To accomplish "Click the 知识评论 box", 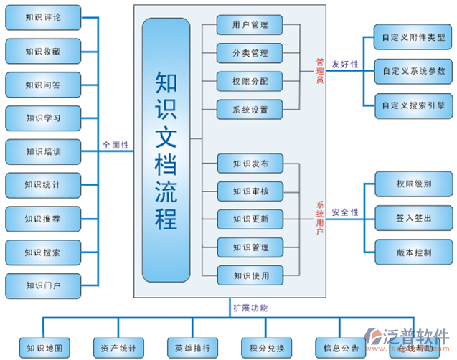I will point(43,17).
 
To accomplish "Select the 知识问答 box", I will point(43,85).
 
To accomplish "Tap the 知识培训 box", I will point(43,151).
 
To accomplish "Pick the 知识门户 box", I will point(43,285).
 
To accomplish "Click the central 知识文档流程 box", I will point(166,150).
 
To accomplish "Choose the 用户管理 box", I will point(250,25).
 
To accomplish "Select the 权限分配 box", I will point(250,81).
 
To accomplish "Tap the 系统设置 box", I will point(250,110).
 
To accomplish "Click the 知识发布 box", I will point(250,164).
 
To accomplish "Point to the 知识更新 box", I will point(250,219).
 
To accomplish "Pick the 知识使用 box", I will point(250,275).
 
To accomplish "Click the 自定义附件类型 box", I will point(413,37).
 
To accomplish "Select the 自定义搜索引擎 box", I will point(413,105).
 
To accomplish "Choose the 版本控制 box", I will point(413,252).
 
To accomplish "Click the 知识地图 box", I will point(44,349).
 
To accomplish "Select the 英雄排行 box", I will point(192,349).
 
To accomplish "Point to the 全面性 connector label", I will point(116,145).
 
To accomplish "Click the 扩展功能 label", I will point(250,308).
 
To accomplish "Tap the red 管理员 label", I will point(320,71).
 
